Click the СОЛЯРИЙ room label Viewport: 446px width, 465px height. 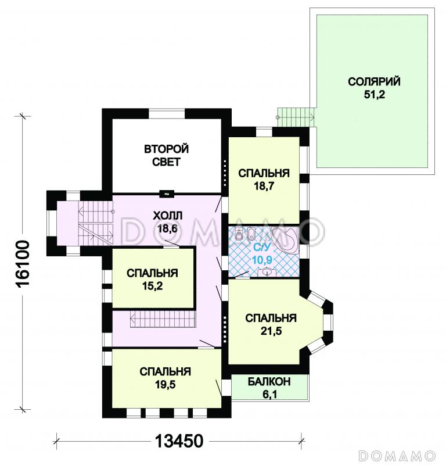coord(374,81)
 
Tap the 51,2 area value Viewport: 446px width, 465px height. coord(375,94)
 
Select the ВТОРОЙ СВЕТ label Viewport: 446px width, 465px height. coord(166,155)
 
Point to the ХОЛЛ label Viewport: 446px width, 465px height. coord(167,216)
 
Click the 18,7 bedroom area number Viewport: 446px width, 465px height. coord(264,186)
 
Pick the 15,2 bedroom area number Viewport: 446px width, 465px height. coord(152,286)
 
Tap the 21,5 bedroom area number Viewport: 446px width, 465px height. coord(271,331)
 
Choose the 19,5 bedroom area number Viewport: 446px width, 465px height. coord(166,384)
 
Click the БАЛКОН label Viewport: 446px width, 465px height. coord(269,382)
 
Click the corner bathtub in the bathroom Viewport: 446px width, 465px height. coord(285,240)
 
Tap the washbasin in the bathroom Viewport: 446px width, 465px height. coord(267,271)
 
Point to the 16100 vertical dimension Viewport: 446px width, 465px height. coord(23,264)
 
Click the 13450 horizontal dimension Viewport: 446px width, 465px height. coord(179,441)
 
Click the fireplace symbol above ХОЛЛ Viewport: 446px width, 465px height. coord(167,194)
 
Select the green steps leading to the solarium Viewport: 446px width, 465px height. coord(296,117)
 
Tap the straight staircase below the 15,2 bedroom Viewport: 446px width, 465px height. coord(163,319)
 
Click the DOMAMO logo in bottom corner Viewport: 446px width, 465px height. coord(397,456)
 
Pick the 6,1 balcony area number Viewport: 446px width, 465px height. coord(269,395)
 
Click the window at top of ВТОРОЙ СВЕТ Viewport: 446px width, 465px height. coord(166,113)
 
